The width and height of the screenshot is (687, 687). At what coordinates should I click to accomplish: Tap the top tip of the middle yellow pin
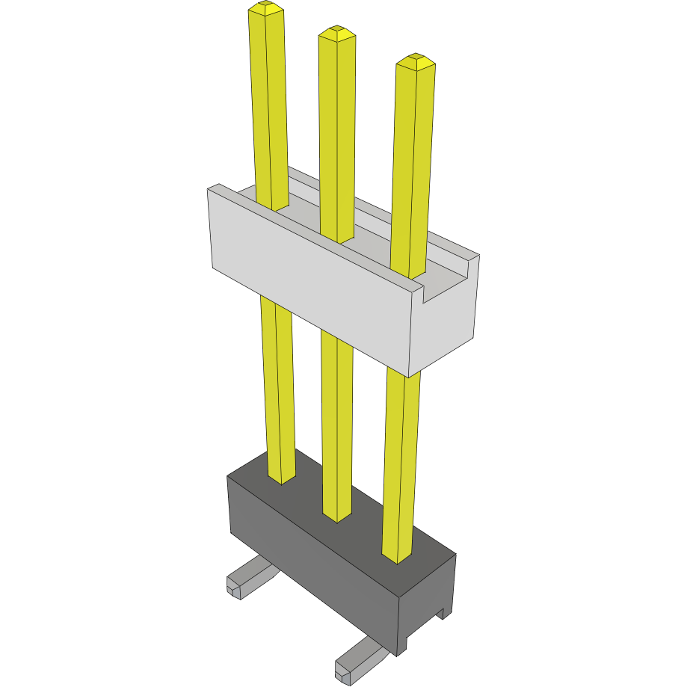point(336,34)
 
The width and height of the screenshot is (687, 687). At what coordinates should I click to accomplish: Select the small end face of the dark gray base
point(426,598)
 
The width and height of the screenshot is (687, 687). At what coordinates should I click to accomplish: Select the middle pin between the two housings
point(336,419)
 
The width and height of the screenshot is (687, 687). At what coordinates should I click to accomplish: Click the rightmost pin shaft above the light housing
point(413,164)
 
